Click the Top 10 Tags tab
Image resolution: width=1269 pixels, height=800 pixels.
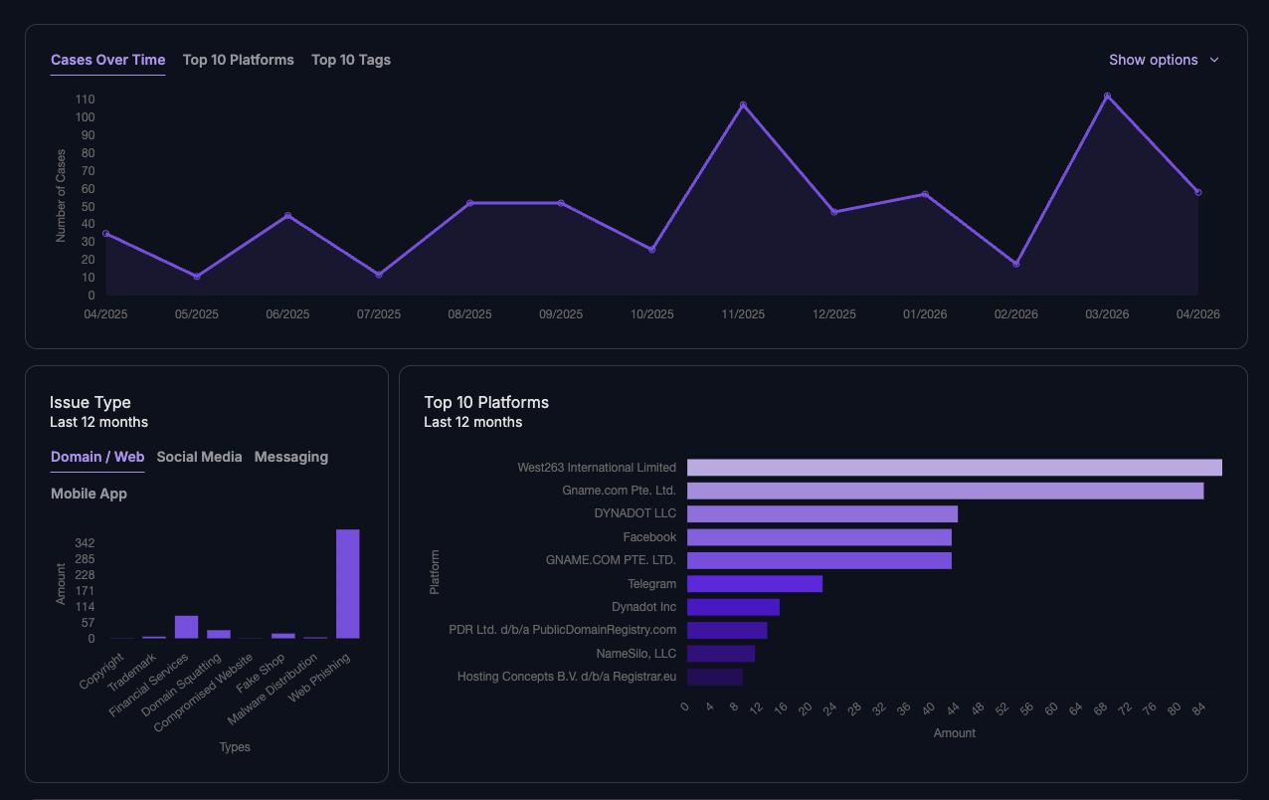coord(351,60)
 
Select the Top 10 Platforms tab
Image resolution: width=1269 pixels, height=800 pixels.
coord(239,60)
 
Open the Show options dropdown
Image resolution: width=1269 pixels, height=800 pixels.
coord(1163,60)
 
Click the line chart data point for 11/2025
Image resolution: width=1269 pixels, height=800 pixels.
coord(743,104)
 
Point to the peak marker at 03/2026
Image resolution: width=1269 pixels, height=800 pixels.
coord(1107,97)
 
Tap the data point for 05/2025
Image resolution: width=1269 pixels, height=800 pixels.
coord(197,276)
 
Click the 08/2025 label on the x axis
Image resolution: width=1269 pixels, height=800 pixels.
coord(469,313)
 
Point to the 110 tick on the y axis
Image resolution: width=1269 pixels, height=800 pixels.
coord(85,100)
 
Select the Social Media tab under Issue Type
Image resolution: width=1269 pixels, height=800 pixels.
coord(199,457)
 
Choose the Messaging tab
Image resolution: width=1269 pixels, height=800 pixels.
coord(291,457)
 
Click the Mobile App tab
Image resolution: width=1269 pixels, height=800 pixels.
coord(89,494)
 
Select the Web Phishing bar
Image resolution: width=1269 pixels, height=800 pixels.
coord(347,583)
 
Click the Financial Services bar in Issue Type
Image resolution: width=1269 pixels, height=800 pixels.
coord(186,626)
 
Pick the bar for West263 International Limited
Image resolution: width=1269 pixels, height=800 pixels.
coord(954,468)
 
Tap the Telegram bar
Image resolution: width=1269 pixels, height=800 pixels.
coord(754,584)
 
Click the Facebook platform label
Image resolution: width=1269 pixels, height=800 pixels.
coord(649,537)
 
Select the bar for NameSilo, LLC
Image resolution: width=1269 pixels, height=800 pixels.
coord(720,654)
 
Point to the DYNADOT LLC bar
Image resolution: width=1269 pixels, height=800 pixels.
coord(821,514)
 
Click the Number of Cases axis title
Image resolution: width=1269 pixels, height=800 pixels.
coord(61,196)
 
